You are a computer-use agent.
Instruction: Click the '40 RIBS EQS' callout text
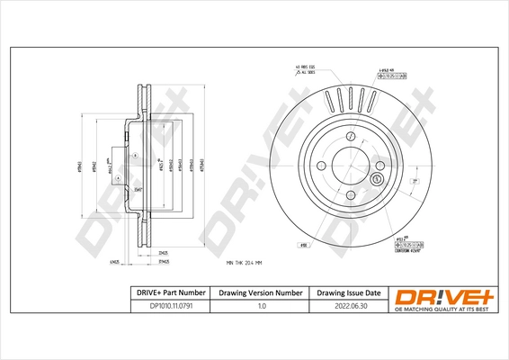coord(306,67)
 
